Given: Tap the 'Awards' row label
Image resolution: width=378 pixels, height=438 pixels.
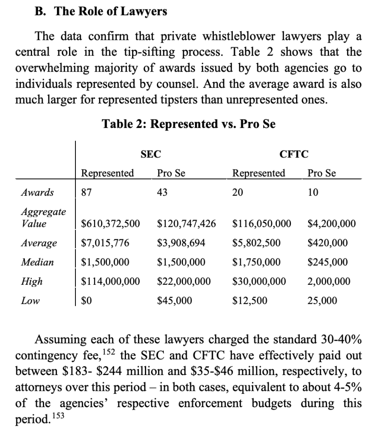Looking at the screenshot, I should [37, 192].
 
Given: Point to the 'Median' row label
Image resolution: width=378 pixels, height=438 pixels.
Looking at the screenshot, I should [37, 262].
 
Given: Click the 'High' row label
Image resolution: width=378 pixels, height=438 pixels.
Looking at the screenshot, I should [32, 281].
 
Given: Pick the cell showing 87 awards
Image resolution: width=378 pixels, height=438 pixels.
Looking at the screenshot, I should [87, 192].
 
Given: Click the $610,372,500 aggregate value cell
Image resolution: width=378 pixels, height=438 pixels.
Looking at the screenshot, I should [111, 223].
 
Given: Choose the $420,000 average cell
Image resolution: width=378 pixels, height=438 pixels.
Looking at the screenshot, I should [327, 243].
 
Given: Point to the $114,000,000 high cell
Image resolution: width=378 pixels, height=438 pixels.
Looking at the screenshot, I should [111, 281].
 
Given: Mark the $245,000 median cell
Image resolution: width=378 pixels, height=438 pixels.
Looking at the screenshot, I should [327, 262].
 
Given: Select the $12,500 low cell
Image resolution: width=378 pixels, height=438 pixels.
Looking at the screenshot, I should [249, 301].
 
